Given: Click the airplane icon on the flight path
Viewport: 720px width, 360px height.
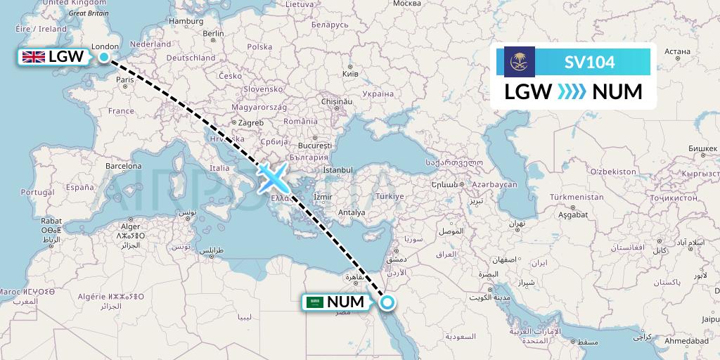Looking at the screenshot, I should (271, 177).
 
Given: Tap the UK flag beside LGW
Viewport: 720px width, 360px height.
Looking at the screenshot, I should (33, 58).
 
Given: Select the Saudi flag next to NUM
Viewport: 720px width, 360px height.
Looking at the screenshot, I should (315, 302).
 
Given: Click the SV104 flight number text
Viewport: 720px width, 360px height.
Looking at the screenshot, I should (589, 63).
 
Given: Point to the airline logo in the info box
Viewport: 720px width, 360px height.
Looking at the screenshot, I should (520, 62).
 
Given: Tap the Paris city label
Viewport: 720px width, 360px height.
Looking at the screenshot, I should (125, 80).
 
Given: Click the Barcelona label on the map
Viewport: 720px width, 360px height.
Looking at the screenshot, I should (124, 167).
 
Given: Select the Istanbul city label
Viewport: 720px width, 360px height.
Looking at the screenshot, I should (337, 169).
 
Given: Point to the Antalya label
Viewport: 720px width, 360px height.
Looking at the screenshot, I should (352, 212).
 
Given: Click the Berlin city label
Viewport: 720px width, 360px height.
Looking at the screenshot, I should (212, 33).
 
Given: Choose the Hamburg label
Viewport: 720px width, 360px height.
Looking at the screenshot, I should (186, 21).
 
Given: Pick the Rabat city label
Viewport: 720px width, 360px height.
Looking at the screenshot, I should (51, 220).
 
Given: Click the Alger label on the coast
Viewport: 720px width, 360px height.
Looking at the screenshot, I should (131, 226).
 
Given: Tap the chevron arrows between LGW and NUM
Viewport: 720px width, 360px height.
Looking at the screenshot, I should (572, 92).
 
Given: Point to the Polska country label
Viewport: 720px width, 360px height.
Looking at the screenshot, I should (259, 46).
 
